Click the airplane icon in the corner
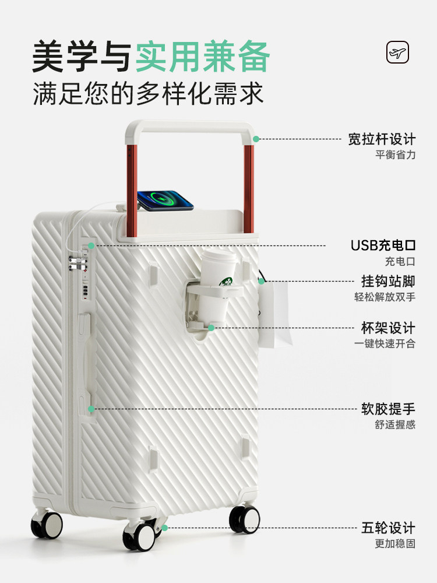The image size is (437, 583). (x=398, y=53)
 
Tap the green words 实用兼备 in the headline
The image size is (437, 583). (x=203, y=57)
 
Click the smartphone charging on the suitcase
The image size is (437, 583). (x=165, y=200)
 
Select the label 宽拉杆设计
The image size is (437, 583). (x=382, y=139)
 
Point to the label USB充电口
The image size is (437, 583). (x=383, y=245)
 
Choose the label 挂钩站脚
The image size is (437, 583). (x=388, y=281)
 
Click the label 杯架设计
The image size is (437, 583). (x=388, y=328)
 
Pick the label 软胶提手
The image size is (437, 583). (x=388, y=409)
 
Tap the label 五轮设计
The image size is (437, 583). (x=388, y=528)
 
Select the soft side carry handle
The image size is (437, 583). (x=91, y=361)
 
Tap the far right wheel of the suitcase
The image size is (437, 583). (x=244, y=518)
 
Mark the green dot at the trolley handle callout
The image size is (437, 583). (x=256, y=139)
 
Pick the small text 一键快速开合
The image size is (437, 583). (x=385, y=344)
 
